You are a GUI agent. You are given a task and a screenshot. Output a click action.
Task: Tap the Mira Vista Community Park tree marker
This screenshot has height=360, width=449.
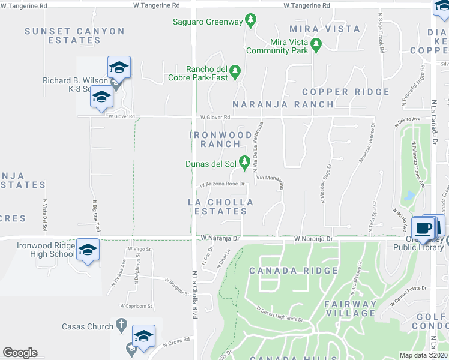pyautogui.click(x=316, y=43)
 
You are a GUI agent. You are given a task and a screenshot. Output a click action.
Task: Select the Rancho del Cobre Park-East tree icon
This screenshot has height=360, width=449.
pyautogui.click(x=235, y=71)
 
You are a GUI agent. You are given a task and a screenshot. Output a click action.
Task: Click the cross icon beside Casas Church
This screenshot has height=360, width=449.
pyautogui.click(x=121, y=326)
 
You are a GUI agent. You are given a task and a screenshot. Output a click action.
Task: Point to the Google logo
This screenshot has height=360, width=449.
pyautogui.click(x=20, y=352)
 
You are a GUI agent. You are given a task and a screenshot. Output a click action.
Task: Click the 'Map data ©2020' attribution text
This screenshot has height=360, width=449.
pyautogui.click(x=423, y=355)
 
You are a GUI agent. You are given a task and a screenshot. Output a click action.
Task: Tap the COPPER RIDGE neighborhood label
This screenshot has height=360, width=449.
pyautogui.click(x=346, y=92)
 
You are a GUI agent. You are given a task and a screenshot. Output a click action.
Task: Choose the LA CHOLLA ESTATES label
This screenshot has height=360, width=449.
pyautogui.click(x=218, y=206)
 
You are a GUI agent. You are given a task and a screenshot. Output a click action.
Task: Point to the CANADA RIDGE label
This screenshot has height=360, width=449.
pyautogui.click(x=294, y=271)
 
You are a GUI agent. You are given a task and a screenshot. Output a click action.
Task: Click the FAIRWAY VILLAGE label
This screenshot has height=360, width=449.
pyautogui.click(x=351, y=308)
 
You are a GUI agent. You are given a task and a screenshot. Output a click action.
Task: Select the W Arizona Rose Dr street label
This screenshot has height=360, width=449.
pyautogui.click(x=222, y=184)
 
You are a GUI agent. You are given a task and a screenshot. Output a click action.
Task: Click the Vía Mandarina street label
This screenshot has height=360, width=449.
pyautogui.click(x=270, y=178)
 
